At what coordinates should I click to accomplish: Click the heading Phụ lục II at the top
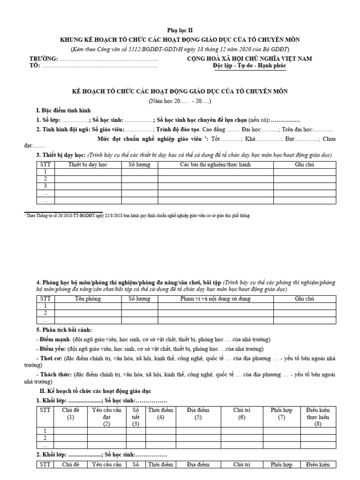point(180,30)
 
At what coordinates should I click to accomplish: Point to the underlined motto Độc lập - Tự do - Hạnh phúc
point(248,66)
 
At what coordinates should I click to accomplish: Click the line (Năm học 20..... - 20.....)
point(180,101)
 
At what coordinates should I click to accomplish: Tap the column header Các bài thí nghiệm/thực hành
point(216,165)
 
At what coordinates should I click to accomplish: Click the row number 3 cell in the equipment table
point(45,186)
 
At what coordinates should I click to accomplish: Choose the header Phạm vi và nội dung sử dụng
point(216,298)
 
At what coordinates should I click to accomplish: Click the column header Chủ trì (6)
point(241,413)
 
